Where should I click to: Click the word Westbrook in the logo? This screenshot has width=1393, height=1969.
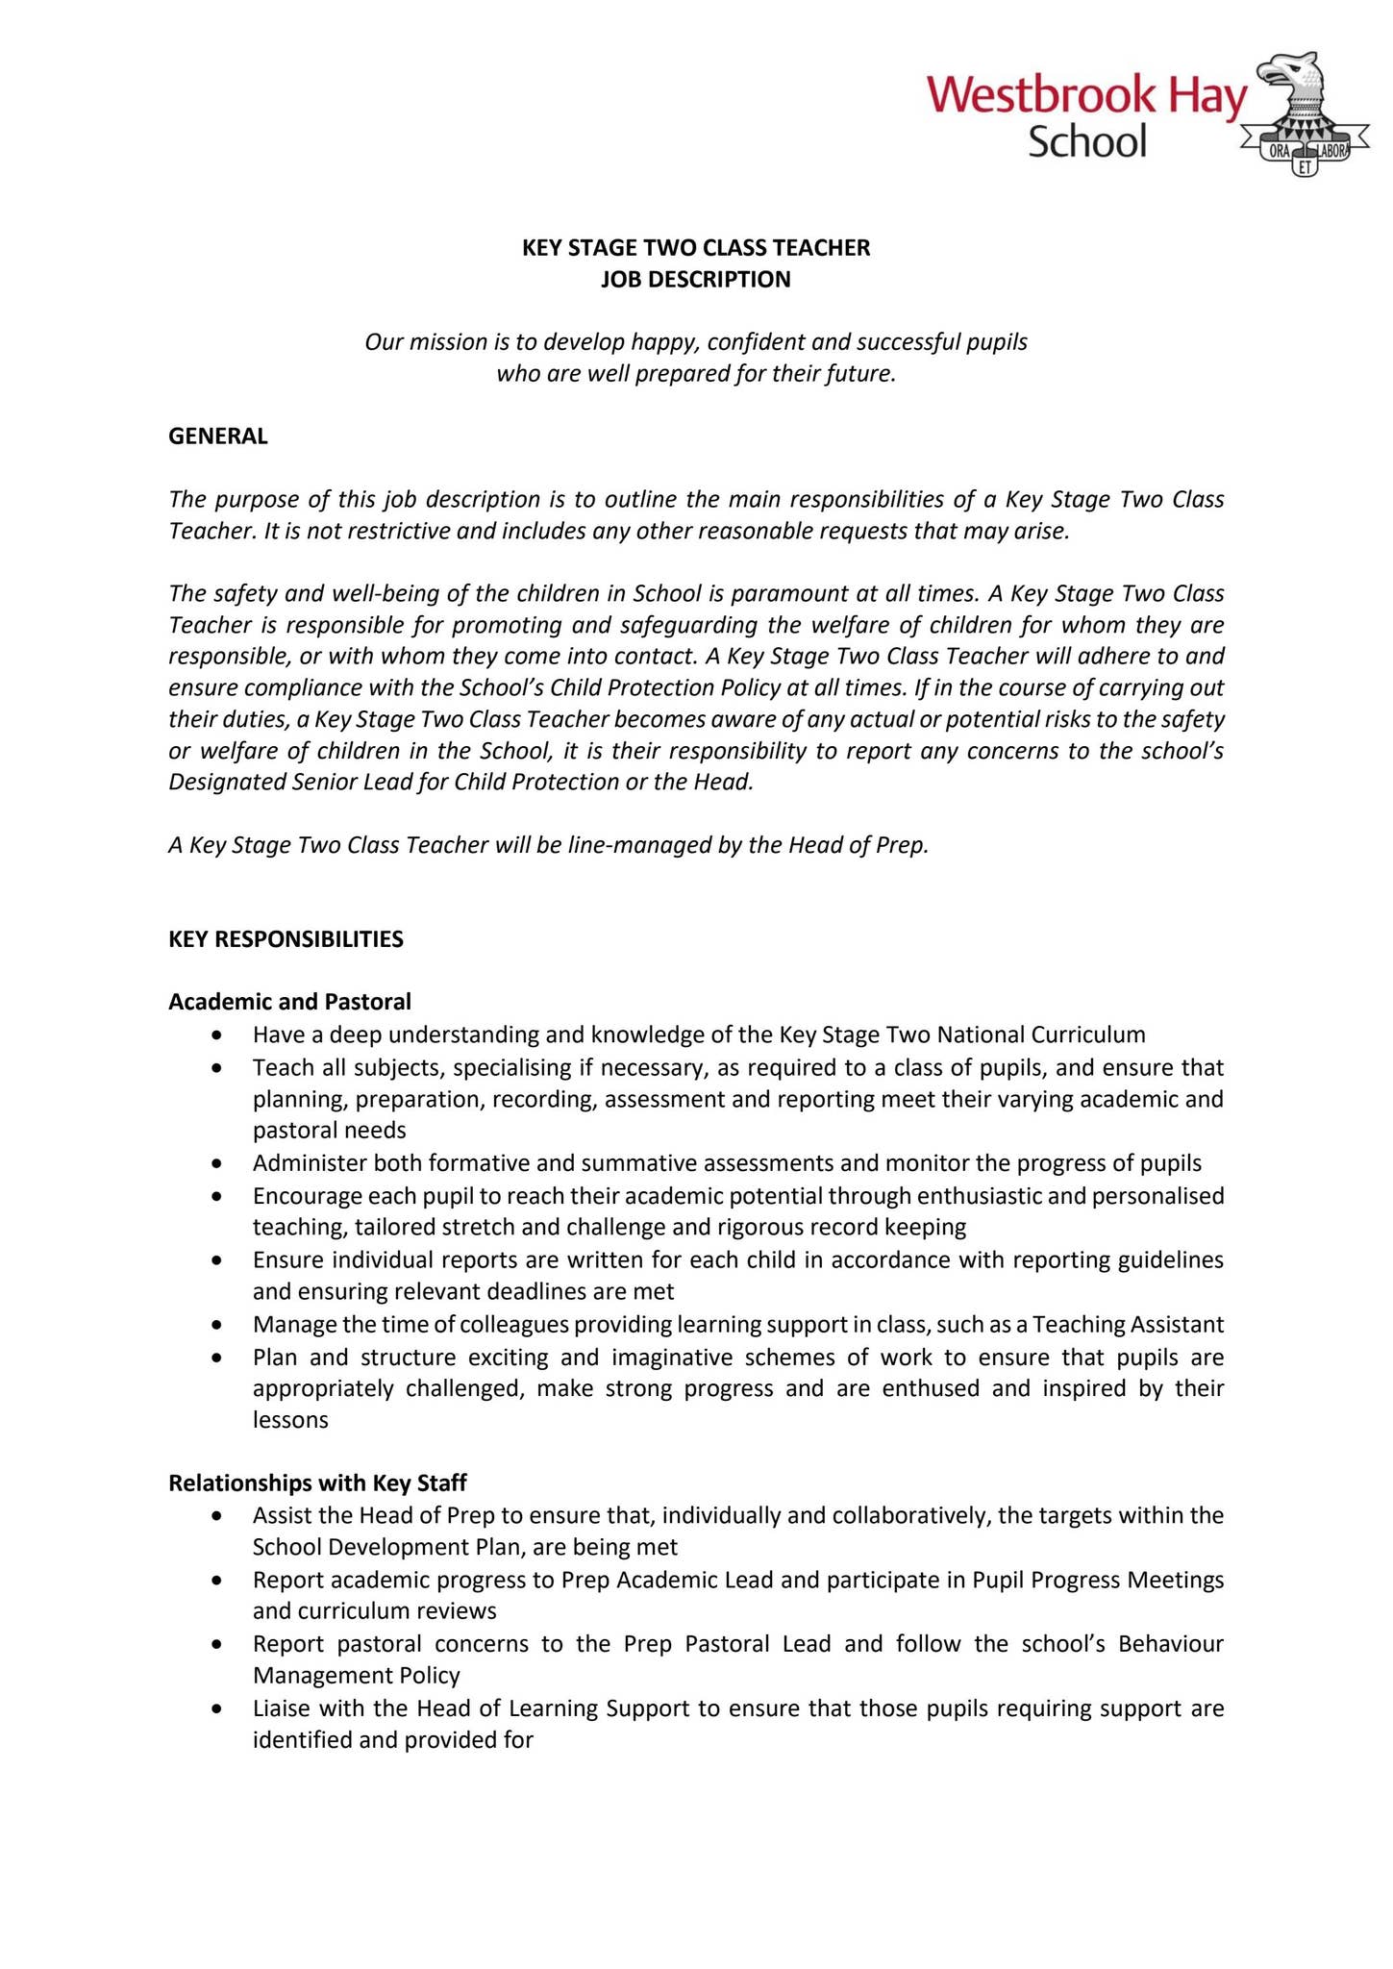pyautogui.click(x=1042, y=97)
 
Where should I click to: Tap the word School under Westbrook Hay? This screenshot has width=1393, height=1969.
pyautogui.click(x=1087, y=142)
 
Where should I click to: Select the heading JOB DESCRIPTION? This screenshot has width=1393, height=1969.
pyautogui.click(x=695, y=280)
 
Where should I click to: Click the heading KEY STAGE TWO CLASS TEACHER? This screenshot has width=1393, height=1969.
pyautogui.click(x=695, y=248)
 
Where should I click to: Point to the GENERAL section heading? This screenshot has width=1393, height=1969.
pyautogui.click(x=218, y=436)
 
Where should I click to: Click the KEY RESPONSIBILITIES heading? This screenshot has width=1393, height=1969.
pyautogui.click(x=286, y=939)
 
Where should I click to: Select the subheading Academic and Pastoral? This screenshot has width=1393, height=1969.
pyautogui.click(x=289, y=1002)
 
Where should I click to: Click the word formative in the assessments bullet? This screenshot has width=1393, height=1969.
pyautogui.click(x=478, y=1163)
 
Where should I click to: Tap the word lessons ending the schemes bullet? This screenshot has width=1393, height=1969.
pyautogui.click(x=290, y=1420)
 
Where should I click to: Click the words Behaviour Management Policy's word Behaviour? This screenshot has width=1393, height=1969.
pyautogui.click(x=1170, y=1644)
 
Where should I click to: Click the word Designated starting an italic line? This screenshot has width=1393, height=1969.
pyautogui.click(x=228, y=782)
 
